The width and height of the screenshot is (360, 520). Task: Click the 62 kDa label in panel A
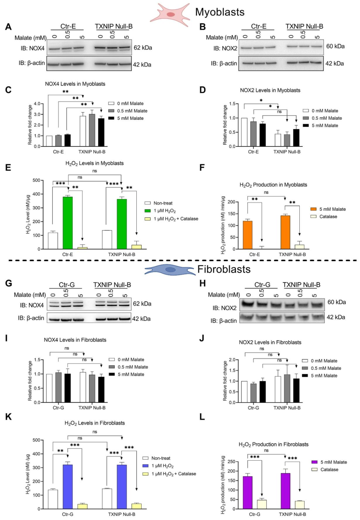point(143,48)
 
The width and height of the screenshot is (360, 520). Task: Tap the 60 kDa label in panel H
point(337,302)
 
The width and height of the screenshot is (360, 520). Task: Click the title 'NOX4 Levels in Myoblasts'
point(75,84)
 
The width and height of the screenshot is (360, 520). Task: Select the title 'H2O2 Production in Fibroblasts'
point(273,444)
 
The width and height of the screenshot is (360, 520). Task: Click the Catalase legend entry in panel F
point(328,216)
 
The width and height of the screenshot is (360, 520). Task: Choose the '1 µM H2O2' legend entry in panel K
point(162,466)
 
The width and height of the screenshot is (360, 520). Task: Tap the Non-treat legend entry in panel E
point(163,203)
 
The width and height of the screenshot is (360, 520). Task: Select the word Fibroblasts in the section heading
point(224,269)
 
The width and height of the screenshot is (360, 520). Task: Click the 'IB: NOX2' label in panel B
point(225,48)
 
